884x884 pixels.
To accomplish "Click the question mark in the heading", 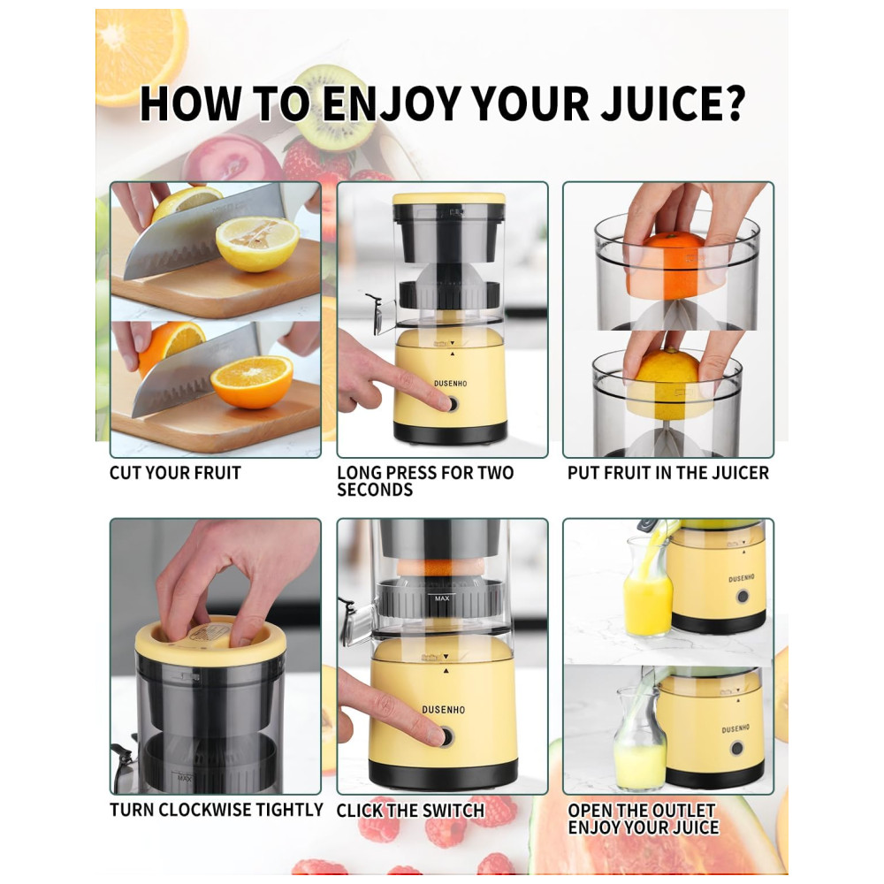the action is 733,103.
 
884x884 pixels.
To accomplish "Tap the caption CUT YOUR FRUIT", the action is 175,472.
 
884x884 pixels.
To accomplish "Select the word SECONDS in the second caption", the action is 375,490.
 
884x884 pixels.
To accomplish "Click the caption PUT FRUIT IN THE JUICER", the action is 668,472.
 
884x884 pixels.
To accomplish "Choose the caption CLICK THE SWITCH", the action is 410,810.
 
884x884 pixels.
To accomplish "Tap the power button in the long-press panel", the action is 451,404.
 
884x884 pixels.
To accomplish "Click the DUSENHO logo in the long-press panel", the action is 451,384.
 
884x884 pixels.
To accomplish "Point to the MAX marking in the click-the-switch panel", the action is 442,598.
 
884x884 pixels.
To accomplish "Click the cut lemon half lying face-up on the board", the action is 257,244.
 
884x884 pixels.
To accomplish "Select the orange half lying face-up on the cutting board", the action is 251,381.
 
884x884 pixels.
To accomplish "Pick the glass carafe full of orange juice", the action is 648,585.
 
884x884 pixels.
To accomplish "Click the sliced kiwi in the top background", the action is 332,108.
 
